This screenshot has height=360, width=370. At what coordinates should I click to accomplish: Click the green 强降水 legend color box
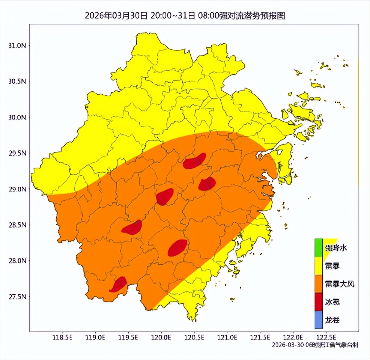tap(318, 247)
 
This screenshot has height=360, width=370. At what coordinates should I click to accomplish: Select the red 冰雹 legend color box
tap(318, 302)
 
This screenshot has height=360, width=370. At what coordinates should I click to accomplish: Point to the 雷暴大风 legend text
tap(339, 284)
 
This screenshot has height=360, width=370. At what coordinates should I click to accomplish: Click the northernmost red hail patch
tap(194, 161)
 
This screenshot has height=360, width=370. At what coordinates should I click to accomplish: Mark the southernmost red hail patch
tap(119, 285)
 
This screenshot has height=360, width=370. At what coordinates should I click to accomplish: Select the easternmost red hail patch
tap(207, 184)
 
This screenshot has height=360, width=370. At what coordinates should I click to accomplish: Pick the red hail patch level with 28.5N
tap(132, 228)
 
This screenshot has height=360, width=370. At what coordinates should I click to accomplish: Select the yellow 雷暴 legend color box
tap(318, 266)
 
